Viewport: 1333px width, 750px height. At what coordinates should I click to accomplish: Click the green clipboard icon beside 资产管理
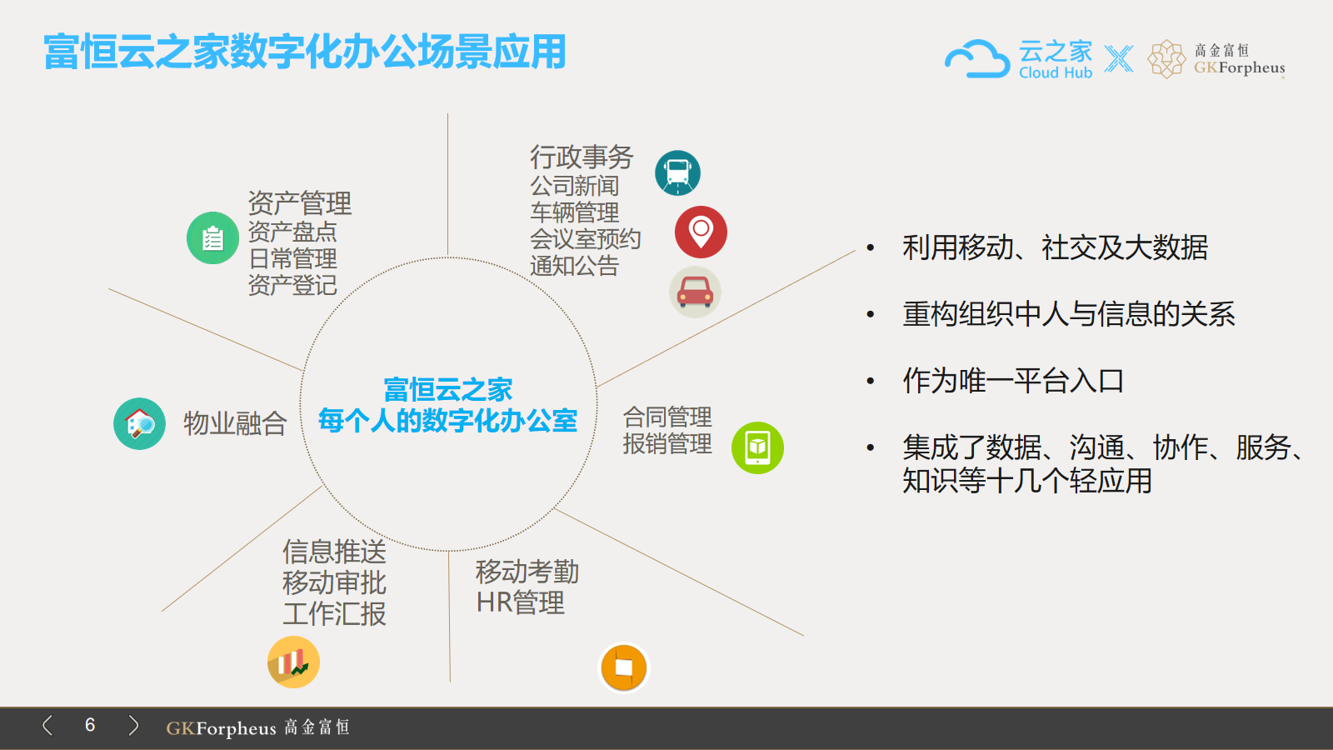tap(212, 238)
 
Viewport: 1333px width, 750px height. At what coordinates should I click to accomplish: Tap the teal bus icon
tap(677, 173)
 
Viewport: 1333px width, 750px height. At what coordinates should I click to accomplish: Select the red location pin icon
tap(701, 232)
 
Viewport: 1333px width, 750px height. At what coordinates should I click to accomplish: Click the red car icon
tap(695, 292)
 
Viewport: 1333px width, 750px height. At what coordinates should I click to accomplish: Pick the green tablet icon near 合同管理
tap(757, 447)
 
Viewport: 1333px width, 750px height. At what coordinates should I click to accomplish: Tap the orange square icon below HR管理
tap(623, 667)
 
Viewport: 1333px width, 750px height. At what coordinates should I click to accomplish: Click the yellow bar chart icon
tap(293, 662)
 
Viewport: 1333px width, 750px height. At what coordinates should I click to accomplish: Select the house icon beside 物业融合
tap(139, 423)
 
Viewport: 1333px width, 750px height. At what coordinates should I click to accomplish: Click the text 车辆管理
tap(574, 212)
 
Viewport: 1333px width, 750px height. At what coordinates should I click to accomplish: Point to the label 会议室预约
tap(585, 238)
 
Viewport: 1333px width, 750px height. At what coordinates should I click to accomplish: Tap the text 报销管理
tap(667, 443)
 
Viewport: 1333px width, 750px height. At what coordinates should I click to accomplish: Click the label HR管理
tap(520, 602)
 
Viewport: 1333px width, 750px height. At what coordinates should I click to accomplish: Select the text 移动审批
tap(334, 582)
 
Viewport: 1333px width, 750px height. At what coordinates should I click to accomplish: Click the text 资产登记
tap(292, 285)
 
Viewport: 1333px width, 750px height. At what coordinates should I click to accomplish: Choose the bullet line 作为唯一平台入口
tap(1013, 381)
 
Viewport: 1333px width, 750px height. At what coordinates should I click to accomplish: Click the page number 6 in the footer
tap(90, 725)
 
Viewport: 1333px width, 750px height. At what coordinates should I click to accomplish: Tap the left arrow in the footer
tap(47, 725)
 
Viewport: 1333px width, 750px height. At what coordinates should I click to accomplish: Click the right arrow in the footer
tap(133, 725)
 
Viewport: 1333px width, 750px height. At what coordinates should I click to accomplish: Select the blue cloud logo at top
tap(977, 58)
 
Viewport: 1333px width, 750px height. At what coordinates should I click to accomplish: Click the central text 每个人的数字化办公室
tap(447, 421)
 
